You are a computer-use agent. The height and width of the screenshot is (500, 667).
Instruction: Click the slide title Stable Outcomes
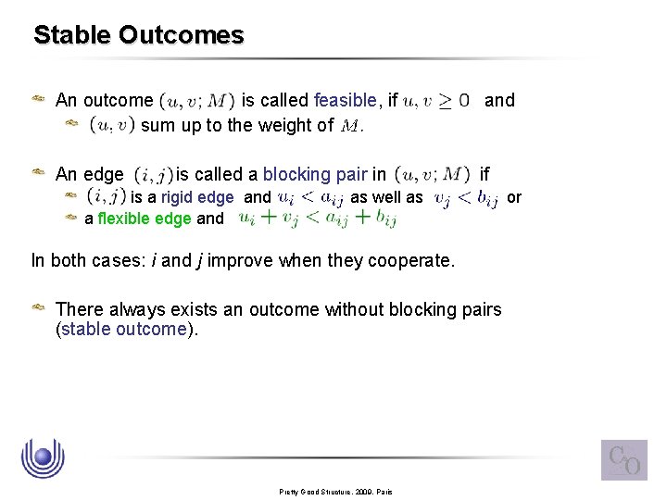[139, 35]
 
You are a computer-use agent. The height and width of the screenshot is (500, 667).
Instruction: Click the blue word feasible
[345, 100]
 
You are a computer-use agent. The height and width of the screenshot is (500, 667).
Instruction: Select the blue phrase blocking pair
[315, 174]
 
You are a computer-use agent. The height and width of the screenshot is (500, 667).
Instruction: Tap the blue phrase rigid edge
[197, 197]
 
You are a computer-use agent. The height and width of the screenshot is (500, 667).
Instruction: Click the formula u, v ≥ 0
[436, 100]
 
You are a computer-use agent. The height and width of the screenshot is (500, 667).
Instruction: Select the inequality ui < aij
[310, 197]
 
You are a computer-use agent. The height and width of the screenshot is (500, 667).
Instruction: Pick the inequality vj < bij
[465, 197]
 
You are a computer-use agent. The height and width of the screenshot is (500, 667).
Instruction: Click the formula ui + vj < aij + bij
[318, 219]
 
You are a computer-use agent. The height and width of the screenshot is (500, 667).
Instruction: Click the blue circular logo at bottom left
[41, 457]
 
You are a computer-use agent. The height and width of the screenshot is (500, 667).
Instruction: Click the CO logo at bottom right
[623, 460]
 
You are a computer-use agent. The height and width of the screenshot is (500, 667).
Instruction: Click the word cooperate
[410, 261]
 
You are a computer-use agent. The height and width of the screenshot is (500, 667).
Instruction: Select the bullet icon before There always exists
[41, 310]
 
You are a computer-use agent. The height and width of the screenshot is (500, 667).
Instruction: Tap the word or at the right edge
[515, 197]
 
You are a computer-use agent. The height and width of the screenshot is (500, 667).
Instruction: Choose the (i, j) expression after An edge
[152, 174]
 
